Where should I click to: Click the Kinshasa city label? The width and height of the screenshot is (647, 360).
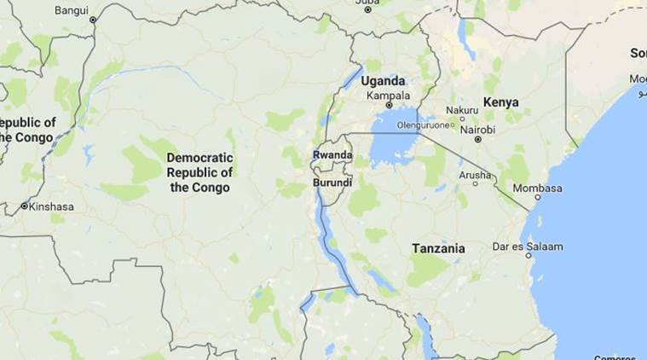pyautogui.click(x=52, y=206)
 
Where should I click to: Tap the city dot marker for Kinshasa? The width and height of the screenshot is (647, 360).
pyautogui.click(x=24, y=206)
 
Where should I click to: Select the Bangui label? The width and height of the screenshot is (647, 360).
pyautogui.click(x=71, y=10)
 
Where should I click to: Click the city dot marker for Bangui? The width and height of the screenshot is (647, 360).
pyautogui.click(x=93, y=19)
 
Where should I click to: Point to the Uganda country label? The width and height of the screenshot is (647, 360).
pyautogui.click(x=383, y=81)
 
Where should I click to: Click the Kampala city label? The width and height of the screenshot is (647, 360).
pyautogui.click(x=388, y=96)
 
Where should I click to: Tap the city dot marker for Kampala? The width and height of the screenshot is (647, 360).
pyautogui.click(x=389, y=106)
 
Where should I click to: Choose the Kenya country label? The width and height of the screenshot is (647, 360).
pyautogui.click(x=500, y=102)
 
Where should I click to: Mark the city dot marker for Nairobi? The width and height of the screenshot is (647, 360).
pyautogui.click(x=478, y=139)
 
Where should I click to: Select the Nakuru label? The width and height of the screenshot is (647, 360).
pyautogui.click(x=461, y=110)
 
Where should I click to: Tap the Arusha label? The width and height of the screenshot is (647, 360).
pyautogui.click(x=475, y=174)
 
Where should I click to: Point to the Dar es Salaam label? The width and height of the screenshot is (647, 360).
pyautogui.click(x=527, y=247)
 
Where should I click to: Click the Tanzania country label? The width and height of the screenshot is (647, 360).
pyautogui.click(x=438, y=248)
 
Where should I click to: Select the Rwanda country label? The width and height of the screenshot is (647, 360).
pyautogui.click(x=332, y=154)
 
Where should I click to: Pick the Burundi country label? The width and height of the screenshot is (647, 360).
pyautogui.click(x=332, y=182)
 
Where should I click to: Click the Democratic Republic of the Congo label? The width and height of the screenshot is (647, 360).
pyautogui.click(x=200, y=172)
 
